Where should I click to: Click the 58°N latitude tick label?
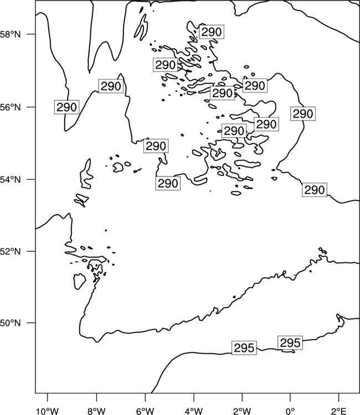coord(11,34)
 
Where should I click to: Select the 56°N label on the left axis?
coord(11,107)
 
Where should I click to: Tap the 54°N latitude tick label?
coord(11,179)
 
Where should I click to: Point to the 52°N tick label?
coord(11,251)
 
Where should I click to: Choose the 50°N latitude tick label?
coord(11,323)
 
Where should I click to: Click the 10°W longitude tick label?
coord(47,411)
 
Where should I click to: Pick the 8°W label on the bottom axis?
coord(96,411)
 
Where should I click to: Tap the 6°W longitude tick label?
coord(145,411)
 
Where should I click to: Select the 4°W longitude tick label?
coord(194,411)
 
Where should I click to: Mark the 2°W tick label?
coord(242,411)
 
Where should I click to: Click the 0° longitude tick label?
coord(290,411)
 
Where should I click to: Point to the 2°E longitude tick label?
coord(339,411)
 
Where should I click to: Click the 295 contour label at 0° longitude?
coord(290,343)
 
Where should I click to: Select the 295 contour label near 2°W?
coord(244,348)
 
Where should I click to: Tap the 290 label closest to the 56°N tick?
coord(67,107)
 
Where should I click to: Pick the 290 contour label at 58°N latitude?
coord(212,32)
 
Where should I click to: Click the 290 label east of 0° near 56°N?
coord(303,114)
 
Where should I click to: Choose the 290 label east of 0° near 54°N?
coord(315,190)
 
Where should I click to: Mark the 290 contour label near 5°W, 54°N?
coord(168,183)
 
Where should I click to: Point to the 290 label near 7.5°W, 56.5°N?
coord(111,86)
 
